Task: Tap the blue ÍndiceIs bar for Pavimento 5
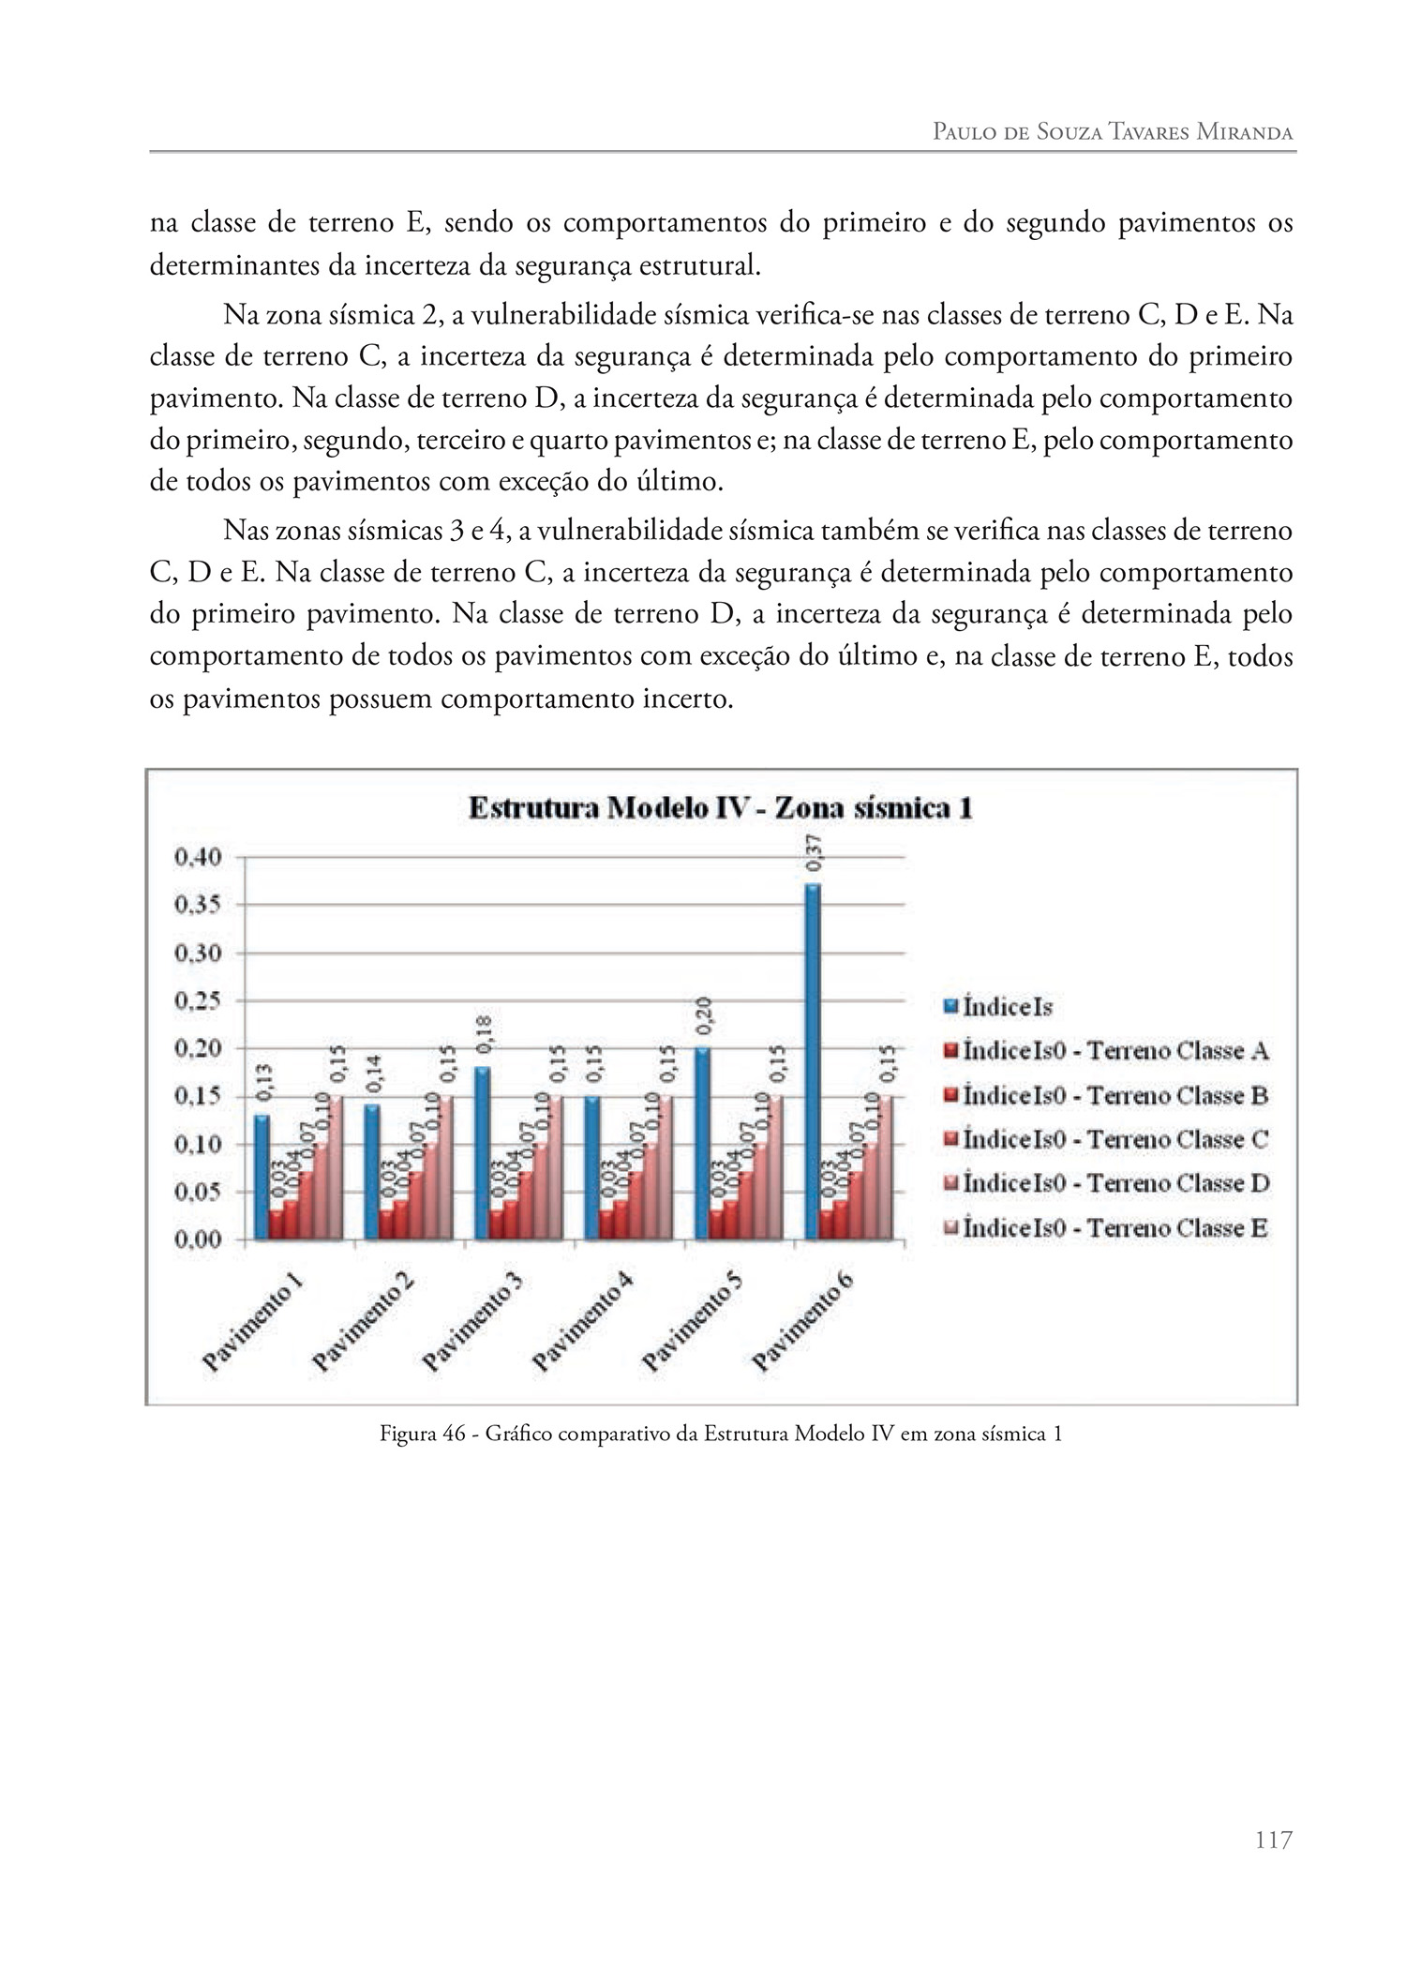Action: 703,1144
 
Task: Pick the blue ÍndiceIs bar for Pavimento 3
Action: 482,1153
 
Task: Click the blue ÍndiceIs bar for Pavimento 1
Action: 262,1177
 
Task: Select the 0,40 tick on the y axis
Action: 197,857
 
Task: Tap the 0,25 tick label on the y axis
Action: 197,1001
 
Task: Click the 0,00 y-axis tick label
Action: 197,1239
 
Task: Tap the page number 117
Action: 1273,1840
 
